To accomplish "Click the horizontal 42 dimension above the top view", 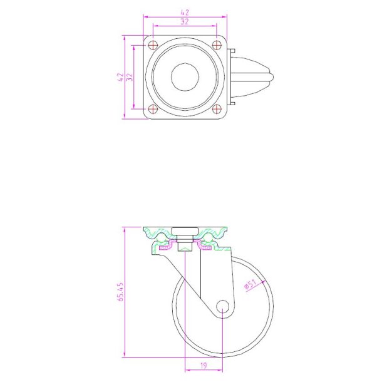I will pos(185,11).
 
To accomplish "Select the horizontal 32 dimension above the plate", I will pos(185,21).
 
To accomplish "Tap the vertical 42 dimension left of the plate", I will pos(120,77).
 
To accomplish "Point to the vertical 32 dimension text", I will pos(130,77).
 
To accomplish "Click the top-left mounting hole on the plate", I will pos(153,44).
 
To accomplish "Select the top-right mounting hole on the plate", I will pos(217,44).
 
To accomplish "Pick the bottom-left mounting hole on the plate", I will pos(153,109).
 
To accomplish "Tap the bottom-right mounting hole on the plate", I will pos(217,109).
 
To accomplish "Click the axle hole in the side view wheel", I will pos(223,306).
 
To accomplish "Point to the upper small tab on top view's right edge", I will pos(232,52).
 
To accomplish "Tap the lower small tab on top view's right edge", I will pos(232,102).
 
